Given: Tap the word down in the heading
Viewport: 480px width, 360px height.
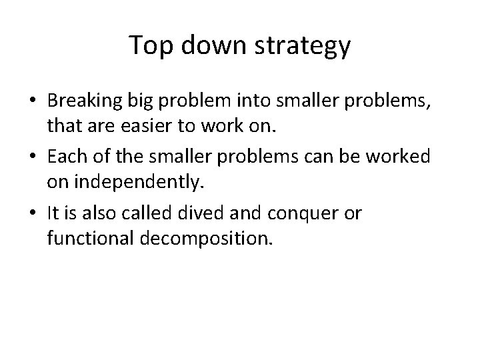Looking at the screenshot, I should pyautogui.click(x=207, y=45).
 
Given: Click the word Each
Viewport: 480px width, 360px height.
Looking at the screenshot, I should pyautogui.click(x=65, y=158).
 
